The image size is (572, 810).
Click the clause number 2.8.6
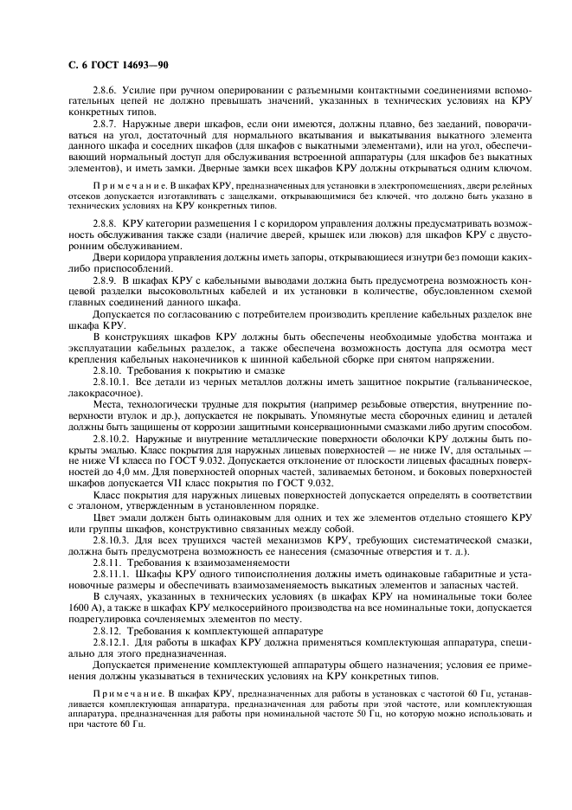coord(106,89)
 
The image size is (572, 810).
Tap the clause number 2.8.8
coord(106,222)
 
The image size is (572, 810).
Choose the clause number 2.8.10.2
coord(112,440)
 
